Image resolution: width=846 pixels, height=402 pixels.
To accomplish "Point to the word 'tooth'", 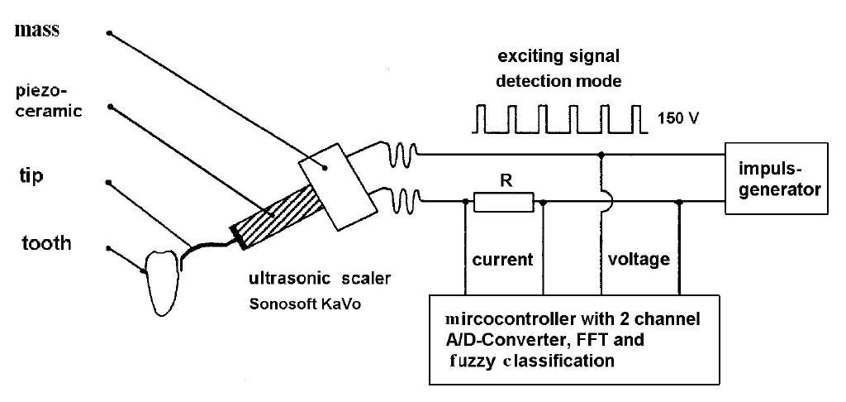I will click(x=46, y=244).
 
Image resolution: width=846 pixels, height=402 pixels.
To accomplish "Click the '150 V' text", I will click(x=678, y=117).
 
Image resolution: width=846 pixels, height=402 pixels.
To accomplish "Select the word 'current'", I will click(x=503, y=260).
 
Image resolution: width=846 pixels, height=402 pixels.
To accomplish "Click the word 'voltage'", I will click(x=639, y=260).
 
